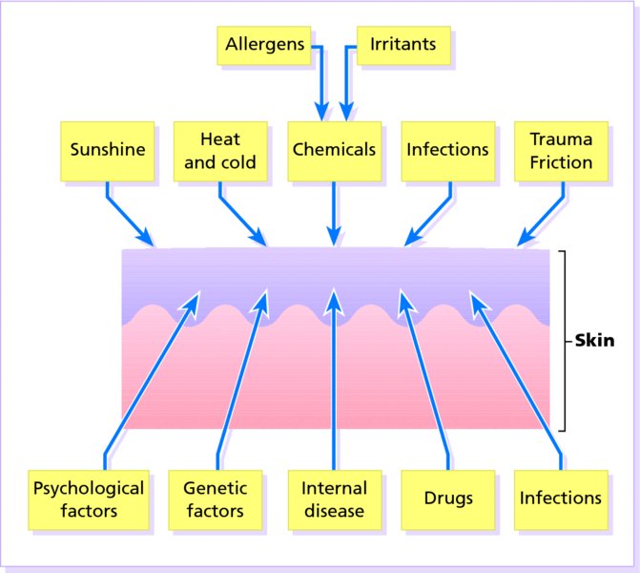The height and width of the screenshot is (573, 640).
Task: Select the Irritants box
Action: pyautogui.click(x=396, y=45)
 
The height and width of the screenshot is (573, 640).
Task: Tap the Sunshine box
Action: pyautogui.click(x=108, y=150)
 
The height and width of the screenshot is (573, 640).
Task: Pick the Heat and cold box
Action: pyautogui.click(x=219, y=150)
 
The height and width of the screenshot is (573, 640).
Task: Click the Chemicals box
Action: pyautogui.click(x=334, y=150)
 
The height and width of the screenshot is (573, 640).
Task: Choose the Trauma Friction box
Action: pyautogui.click(x=561, y=150)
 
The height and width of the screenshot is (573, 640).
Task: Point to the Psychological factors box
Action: pyautogui.click(x=89, y=499)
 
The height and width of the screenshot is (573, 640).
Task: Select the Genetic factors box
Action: pyautogui.click(x=214, y=499)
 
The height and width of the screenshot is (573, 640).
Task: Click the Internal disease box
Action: pyautogui.click(x=333, y=499)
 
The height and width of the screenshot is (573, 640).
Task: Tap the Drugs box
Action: pyautogui.click(x=448, y=499)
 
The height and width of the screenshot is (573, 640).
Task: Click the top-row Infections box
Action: pyautogui.click(x=447, y=150)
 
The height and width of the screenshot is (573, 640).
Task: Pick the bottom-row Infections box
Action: pyautogui.click(x=561, y=499)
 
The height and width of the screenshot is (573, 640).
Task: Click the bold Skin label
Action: pyautogui.click(x=593, y=340)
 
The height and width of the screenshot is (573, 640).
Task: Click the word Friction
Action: pyautogui.click(x=561, y=161)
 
